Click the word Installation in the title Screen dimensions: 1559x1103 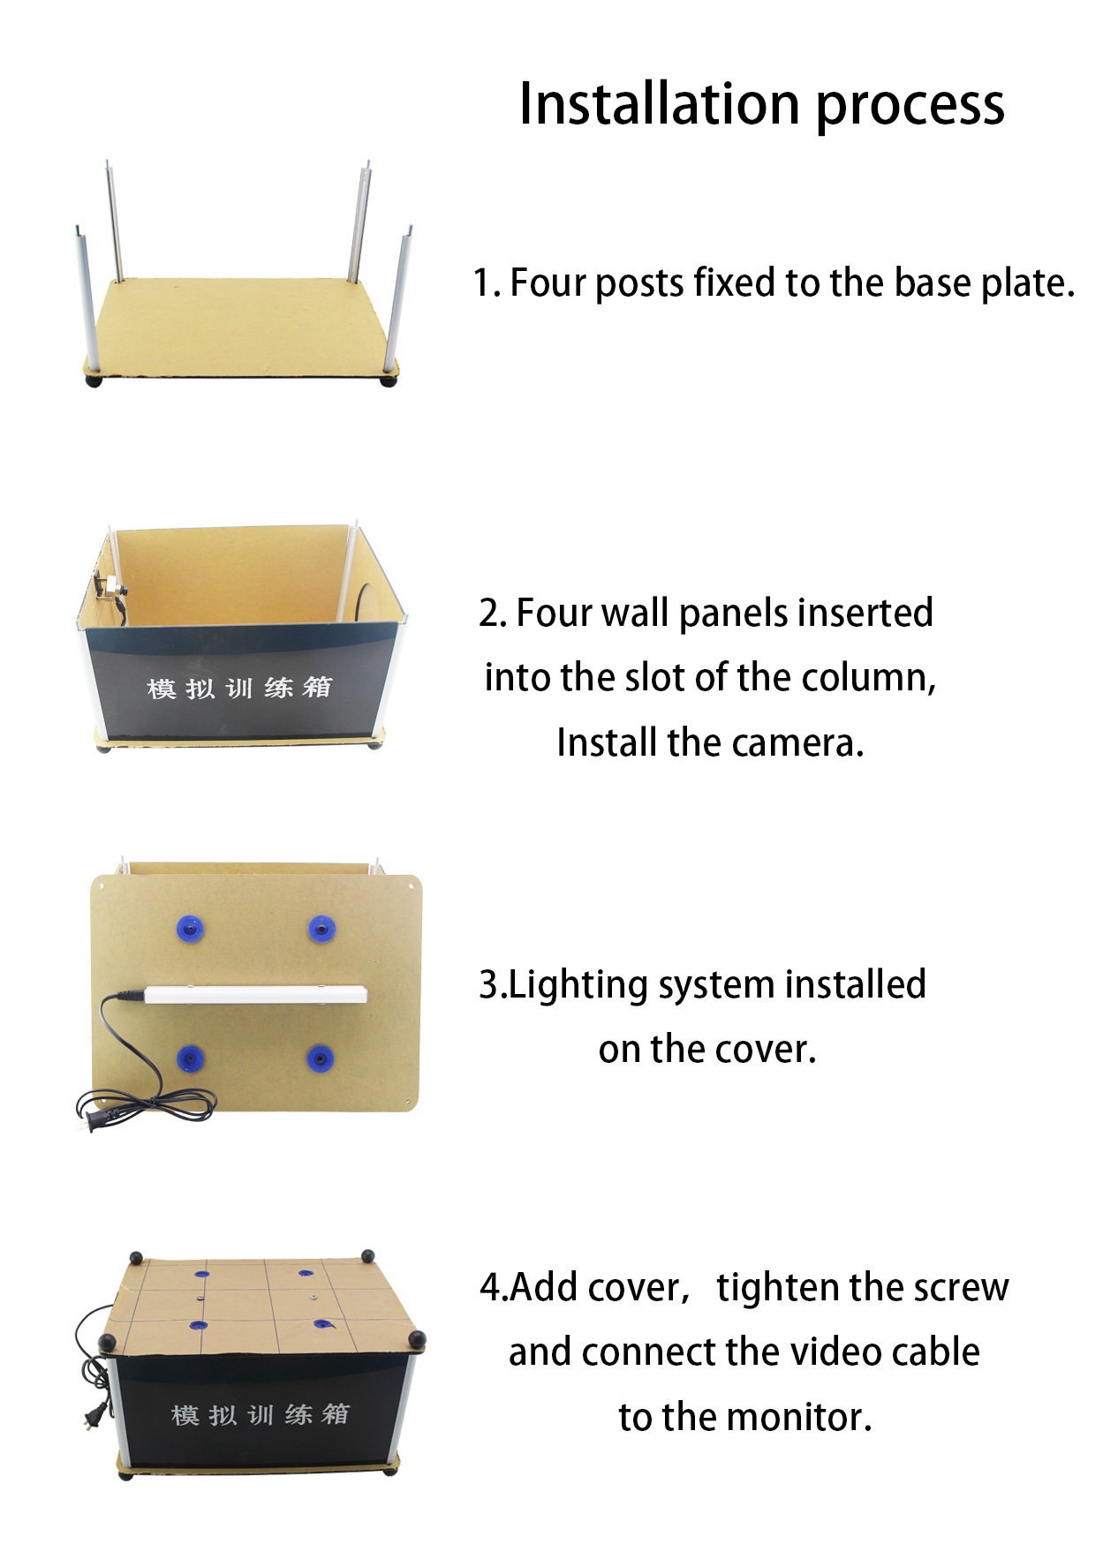click(659, 104)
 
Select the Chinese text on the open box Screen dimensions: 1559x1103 click(239, 688)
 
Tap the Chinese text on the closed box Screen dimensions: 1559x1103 click(260, 1414)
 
